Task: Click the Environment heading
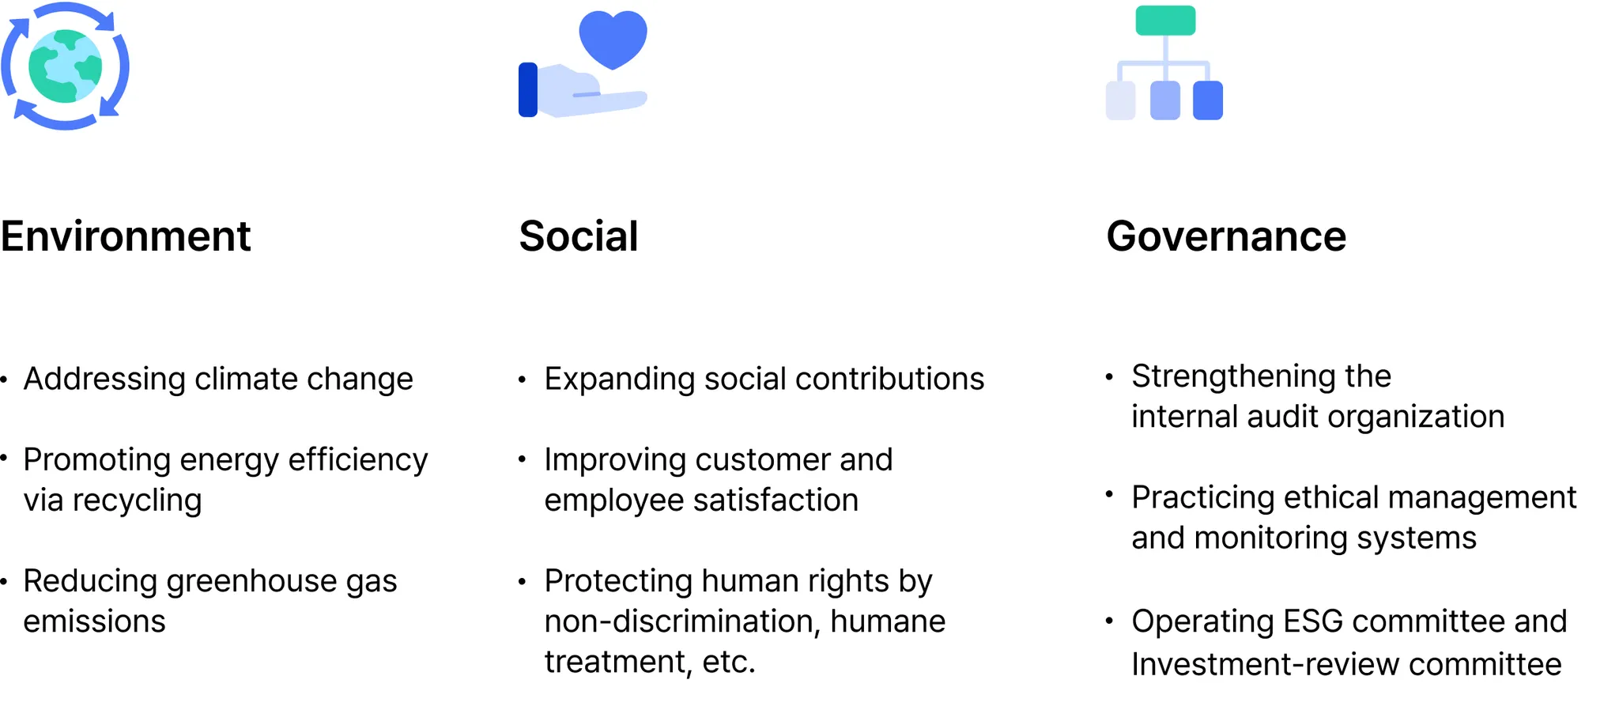(125, 236)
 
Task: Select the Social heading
(579, 236)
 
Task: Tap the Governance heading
(1226, 236)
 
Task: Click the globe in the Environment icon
(66, 66)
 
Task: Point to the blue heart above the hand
(613, 38)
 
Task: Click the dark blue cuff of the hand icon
(528, 89)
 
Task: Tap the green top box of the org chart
(1165, 21)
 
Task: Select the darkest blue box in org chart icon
(1208, 100)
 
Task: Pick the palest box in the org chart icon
(1121, 100)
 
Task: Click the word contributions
(890, 379)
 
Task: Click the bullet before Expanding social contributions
(522, 380)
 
